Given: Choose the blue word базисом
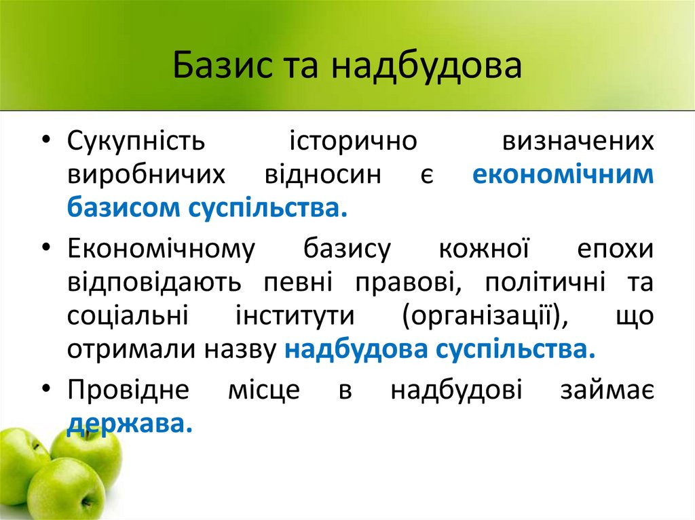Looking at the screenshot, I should [119, 207].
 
